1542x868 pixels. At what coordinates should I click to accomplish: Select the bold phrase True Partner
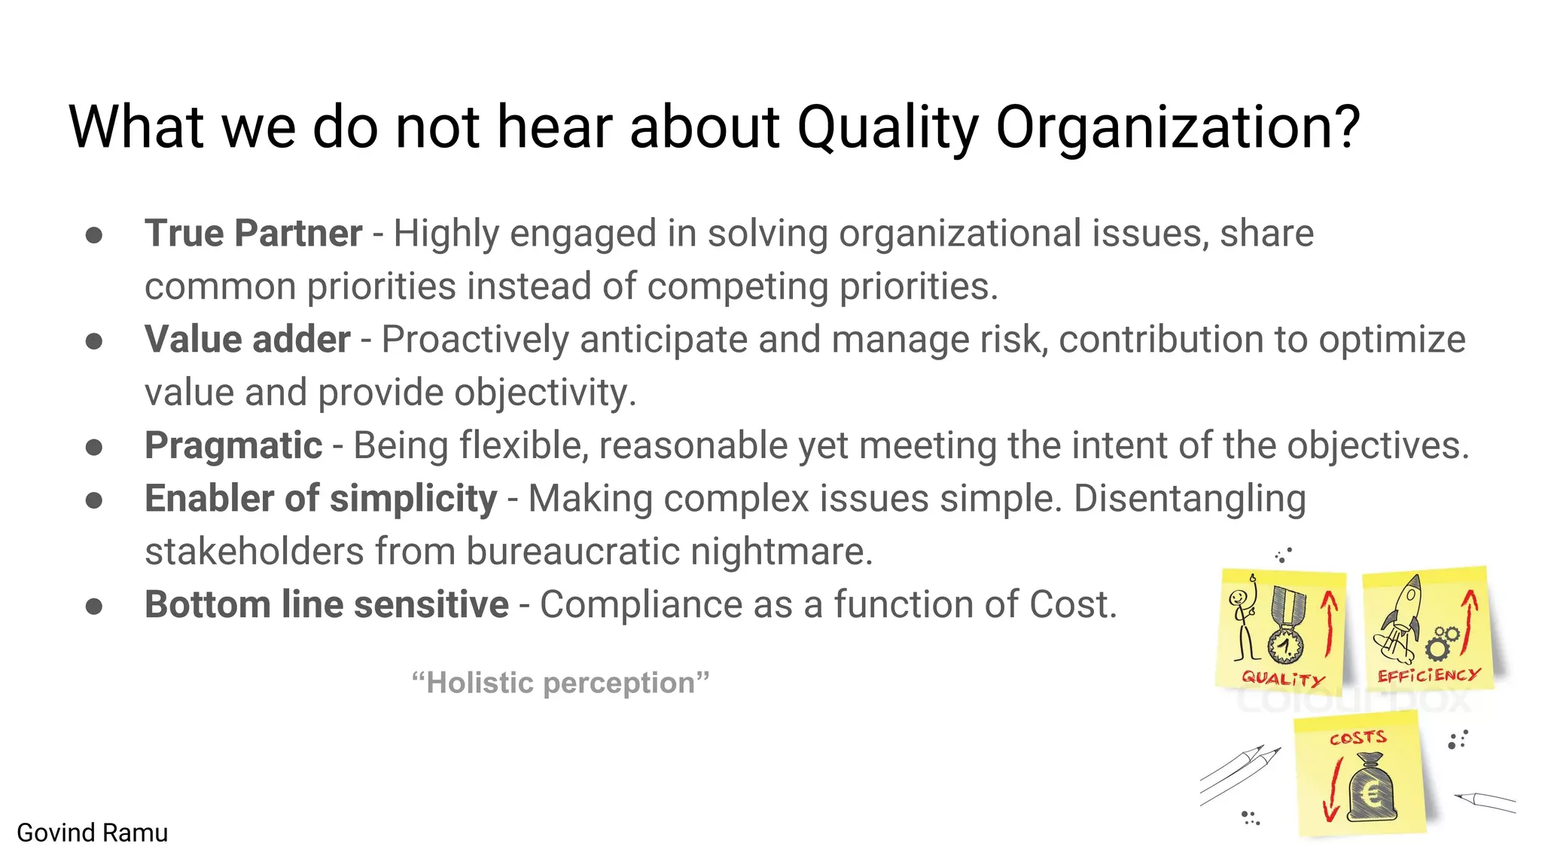[x=253, y=234]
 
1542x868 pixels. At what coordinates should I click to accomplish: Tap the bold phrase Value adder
[x=247, y=340]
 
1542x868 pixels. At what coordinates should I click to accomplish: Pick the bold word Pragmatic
[x=233, y=445]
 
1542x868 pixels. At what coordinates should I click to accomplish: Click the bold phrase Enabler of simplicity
[x=321, y=499]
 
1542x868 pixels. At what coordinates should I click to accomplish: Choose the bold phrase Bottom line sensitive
[x=327, y=605]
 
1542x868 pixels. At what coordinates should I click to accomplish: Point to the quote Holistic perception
[x=561, y=683]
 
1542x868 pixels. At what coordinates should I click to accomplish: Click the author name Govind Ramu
[x=93, y=833]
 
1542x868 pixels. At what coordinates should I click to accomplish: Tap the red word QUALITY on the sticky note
[x=1282, y=678]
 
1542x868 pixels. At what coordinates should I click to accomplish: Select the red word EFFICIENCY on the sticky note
[x=1428, y=675]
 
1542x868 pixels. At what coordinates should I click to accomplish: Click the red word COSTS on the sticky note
[x=1358, y=738]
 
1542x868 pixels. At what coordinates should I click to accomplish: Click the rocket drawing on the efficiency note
[x=1400, y=618]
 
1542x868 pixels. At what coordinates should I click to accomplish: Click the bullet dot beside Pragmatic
[x=94, y=448]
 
